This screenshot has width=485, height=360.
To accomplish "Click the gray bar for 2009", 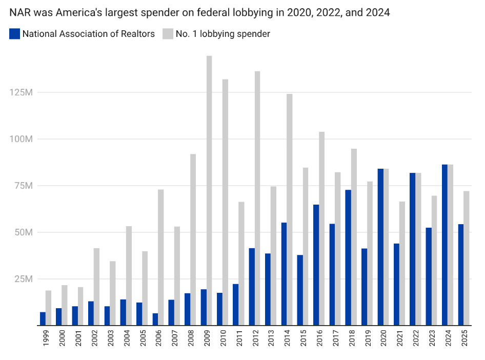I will tap(209, 190).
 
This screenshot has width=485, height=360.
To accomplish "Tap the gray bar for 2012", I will tap(257, 197).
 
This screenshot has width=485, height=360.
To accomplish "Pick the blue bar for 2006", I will tap(155, 319).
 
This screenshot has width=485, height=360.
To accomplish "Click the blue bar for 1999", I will tap(43, 318).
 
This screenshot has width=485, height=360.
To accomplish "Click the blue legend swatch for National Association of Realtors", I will tap(15, 34).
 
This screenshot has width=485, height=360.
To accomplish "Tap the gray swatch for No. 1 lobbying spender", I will tap(168, 34).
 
